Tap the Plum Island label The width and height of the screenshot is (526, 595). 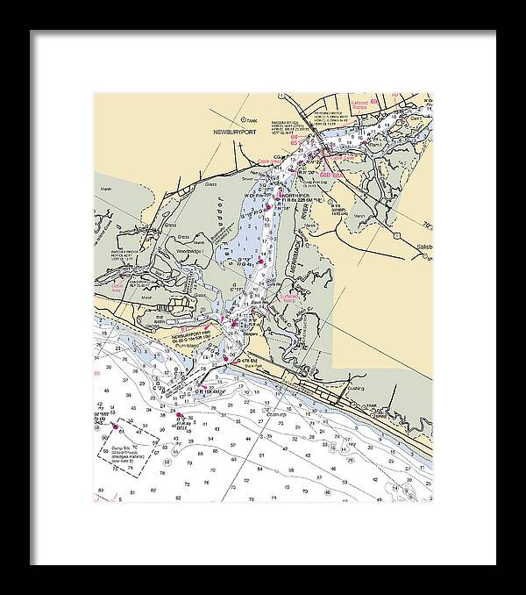[187, 347]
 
